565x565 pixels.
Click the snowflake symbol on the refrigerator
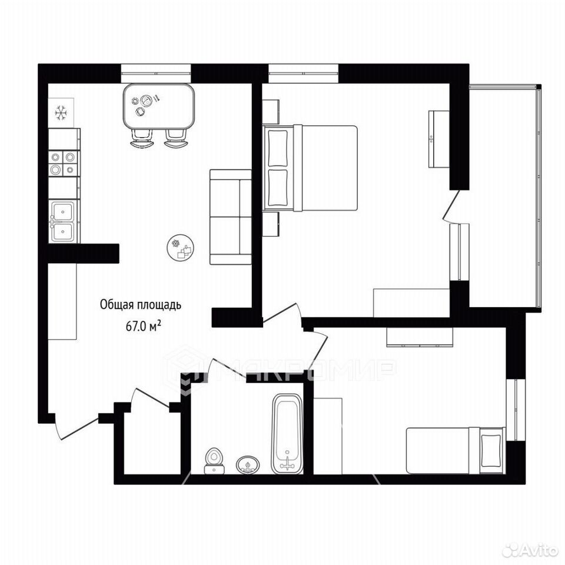click(61, 113)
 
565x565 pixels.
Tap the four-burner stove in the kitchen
click(63, 163)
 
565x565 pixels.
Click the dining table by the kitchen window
click(159, 106)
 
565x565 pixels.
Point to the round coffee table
click(181, 248)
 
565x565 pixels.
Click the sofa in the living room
click(231, 217)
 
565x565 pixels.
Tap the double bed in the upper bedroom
click(310, 168)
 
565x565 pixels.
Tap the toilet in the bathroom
click(214, 461)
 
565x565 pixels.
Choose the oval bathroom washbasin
click(248, 465)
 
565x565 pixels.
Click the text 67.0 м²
click(143, 327)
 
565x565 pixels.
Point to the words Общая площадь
click(141, 305)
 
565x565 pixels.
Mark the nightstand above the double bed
click(271, 112)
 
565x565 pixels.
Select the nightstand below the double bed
click(271, 224)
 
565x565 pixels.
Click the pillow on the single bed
click(491, 450)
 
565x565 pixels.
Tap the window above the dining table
click(155, 74)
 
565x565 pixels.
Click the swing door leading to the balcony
click(452, 205)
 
